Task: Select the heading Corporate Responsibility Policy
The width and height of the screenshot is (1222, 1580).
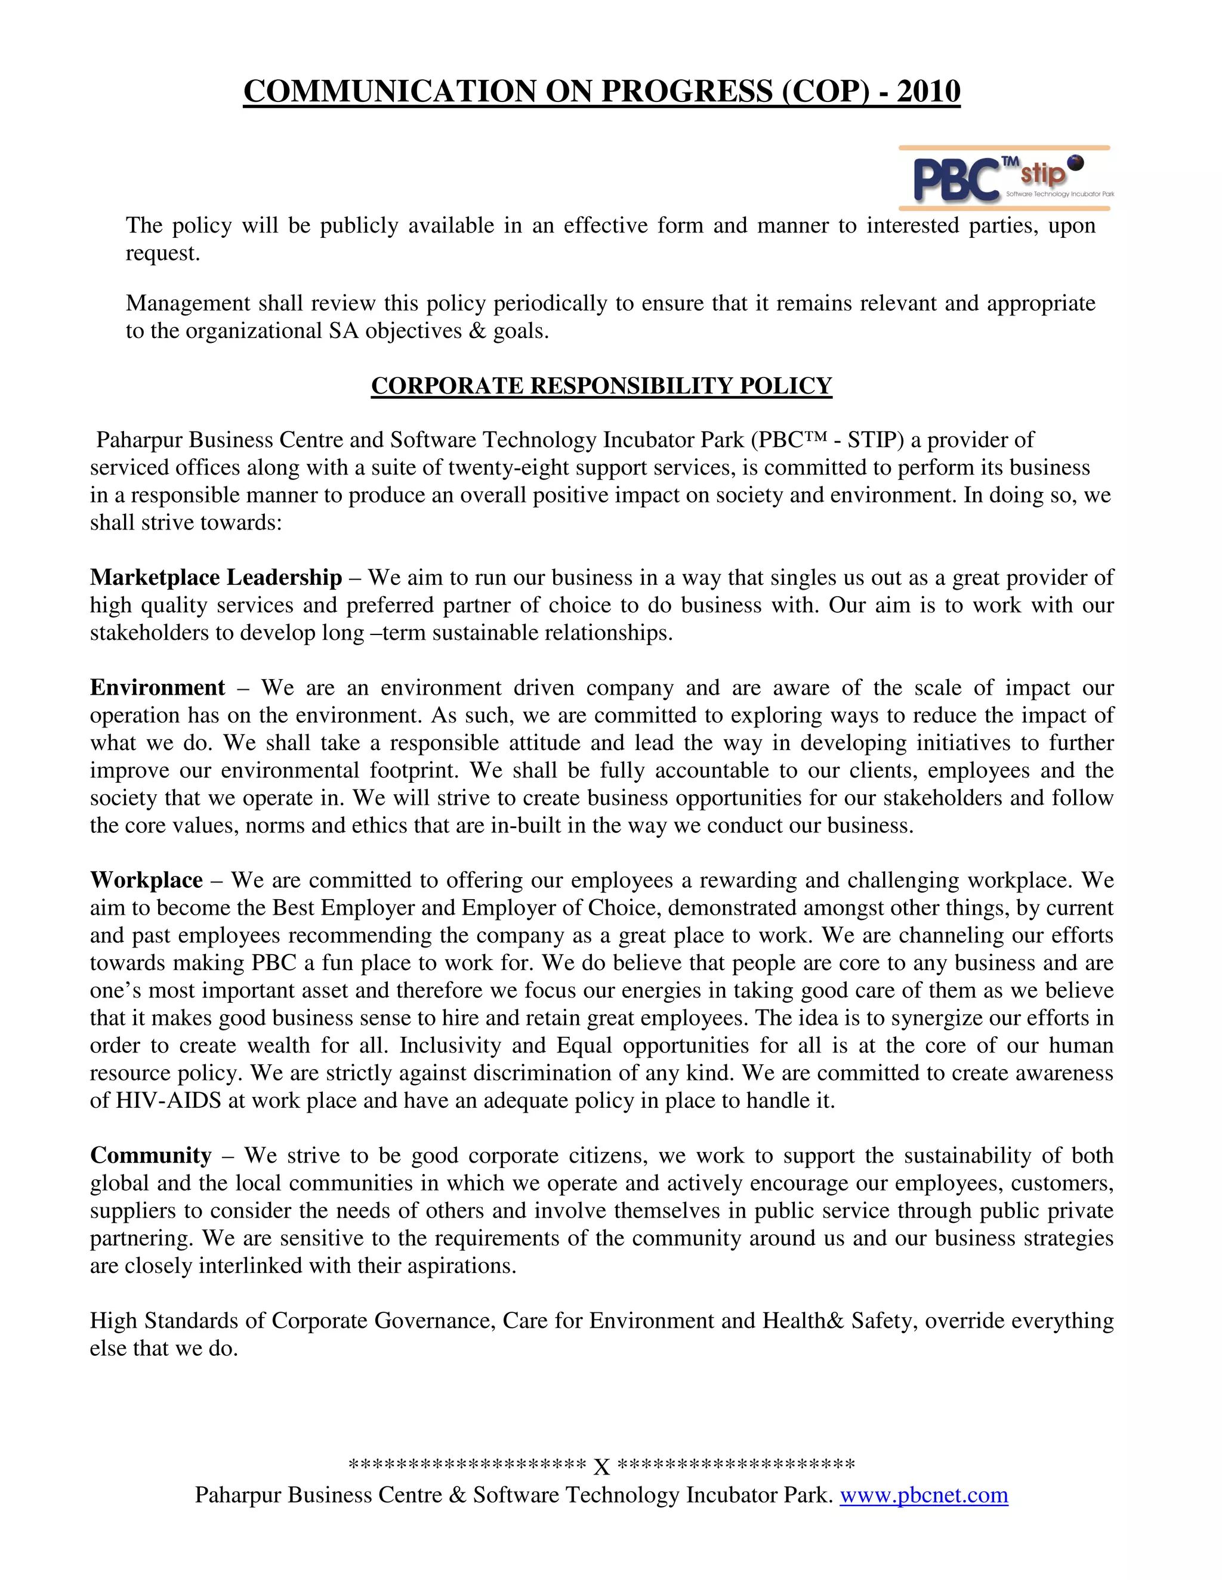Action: [601, 386]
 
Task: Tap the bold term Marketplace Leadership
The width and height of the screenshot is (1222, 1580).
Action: [216, 577]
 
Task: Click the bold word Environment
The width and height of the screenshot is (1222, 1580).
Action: [157, 687]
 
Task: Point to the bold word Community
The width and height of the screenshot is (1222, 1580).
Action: [150, 1155]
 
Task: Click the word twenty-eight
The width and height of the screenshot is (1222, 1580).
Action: [499, 467]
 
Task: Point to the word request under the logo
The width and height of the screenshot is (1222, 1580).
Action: [162, 253]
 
